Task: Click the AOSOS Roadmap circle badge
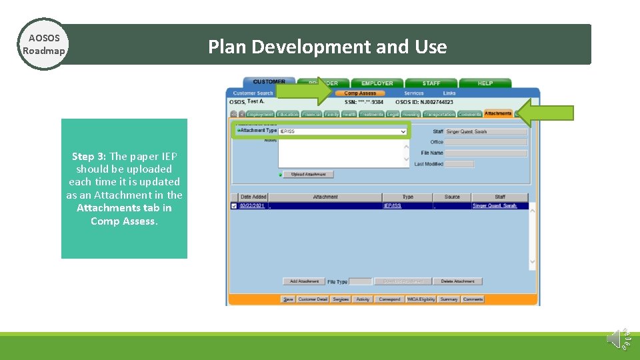43,44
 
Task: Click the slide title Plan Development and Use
327,47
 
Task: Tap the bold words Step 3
89,157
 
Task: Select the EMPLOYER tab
377,83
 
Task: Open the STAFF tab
431,83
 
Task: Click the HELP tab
485,83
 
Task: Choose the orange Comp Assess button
360,93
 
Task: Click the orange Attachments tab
498,114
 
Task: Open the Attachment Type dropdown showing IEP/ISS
343,132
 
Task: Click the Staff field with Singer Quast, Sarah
486,132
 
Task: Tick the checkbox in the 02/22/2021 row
233,206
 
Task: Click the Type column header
407,197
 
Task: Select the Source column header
451,197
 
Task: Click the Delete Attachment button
457,281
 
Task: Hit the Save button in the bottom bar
288,299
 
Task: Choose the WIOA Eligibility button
421,299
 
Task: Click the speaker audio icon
615,338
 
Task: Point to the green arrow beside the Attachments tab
545,113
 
